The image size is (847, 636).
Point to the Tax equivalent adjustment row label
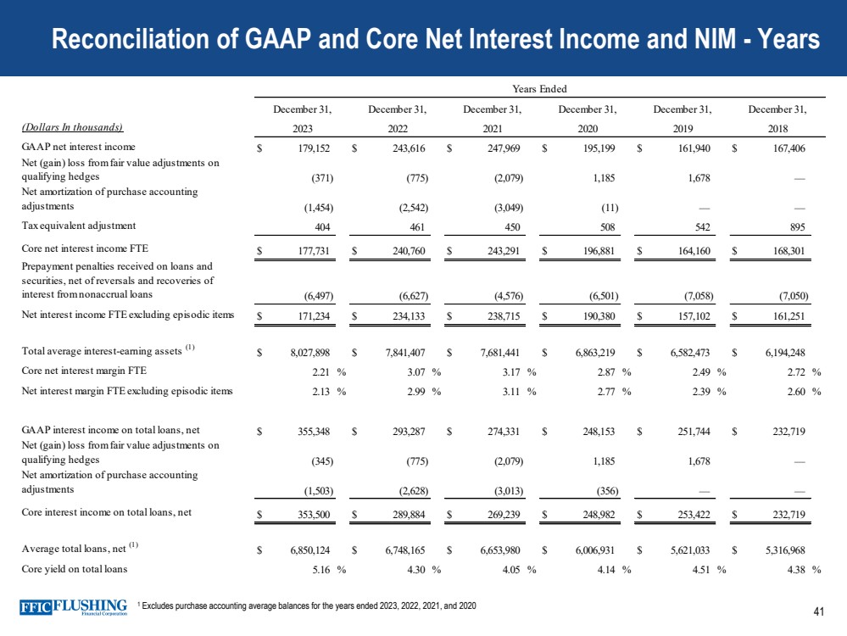78,226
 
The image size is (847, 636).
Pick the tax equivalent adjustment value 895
795,226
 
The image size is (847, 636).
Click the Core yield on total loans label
75,569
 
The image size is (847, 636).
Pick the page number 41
818,612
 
